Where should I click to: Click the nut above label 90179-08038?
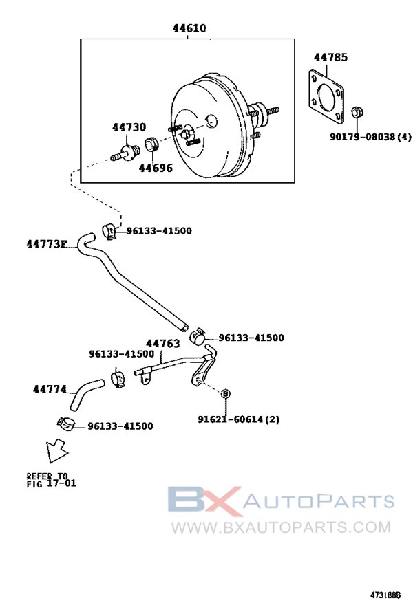[x=358, y=112]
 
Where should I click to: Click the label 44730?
[x=129, y=127]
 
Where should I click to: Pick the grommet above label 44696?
[x=151, y=147]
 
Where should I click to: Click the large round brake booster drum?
[x=210, y=131]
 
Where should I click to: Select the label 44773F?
[x=47, y=243]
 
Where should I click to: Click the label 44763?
[x=162, y=344]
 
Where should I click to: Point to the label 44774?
[x=50, y=389]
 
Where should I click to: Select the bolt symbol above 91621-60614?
[x=225, y=394]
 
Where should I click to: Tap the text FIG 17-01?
[x=52, y=483]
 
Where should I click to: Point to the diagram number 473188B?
[x=388, y=592]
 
